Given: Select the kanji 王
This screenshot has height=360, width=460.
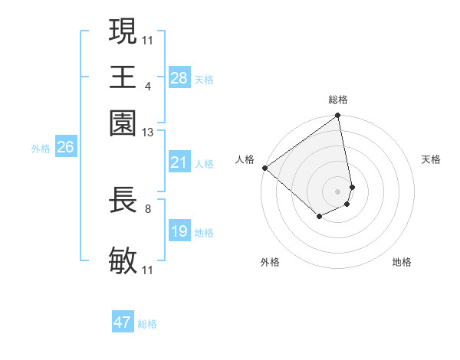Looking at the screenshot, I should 123,77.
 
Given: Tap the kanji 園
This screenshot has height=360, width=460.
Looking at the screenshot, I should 123,123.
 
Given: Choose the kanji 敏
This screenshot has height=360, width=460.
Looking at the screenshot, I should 123,261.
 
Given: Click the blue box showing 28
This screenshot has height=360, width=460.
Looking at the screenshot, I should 179,78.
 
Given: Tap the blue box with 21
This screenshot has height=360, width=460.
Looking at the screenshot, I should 179,162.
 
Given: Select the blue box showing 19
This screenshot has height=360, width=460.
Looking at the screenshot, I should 179,231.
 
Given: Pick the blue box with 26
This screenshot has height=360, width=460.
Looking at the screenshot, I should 65,148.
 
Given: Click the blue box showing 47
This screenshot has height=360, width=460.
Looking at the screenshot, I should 122,322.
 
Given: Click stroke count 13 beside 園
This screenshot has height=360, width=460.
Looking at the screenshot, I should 148,133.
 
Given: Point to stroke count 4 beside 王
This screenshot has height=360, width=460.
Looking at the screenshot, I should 147,86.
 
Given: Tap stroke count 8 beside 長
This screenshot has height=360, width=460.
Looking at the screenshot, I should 147,208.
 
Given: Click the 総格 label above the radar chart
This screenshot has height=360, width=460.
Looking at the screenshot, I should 338,100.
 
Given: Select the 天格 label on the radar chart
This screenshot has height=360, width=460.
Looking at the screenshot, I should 431,159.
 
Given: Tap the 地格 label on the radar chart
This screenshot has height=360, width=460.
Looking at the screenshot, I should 402,263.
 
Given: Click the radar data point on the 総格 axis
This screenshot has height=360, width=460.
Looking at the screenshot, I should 338,116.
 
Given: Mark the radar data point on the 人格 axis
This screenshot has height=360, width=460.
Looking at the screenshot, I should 264,168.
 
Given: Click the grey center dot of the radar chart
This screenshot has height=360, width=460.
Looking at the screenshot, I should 338,191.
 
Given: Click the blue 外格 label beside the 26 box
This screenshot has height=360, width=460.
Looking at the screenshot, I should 41,149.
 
